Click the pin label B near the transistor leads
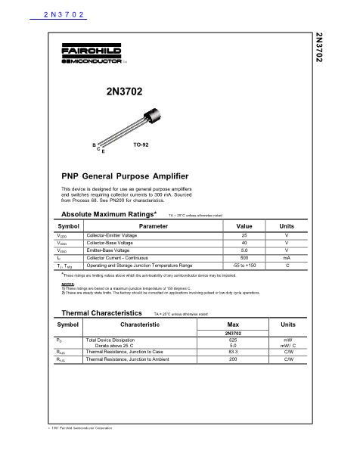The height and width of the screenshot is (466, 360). point(93,144)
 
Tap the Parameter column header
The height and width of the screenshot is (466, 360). point(154,226)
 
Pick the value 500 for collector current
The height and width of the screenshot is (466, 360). point(244,258)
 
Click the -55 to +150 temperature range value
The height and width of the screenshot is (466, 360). point(244,266)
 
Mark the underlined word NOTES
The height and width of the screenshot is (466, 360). point(68,284)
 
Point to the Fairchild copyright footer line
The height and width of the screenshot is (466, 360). point(76,450)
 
